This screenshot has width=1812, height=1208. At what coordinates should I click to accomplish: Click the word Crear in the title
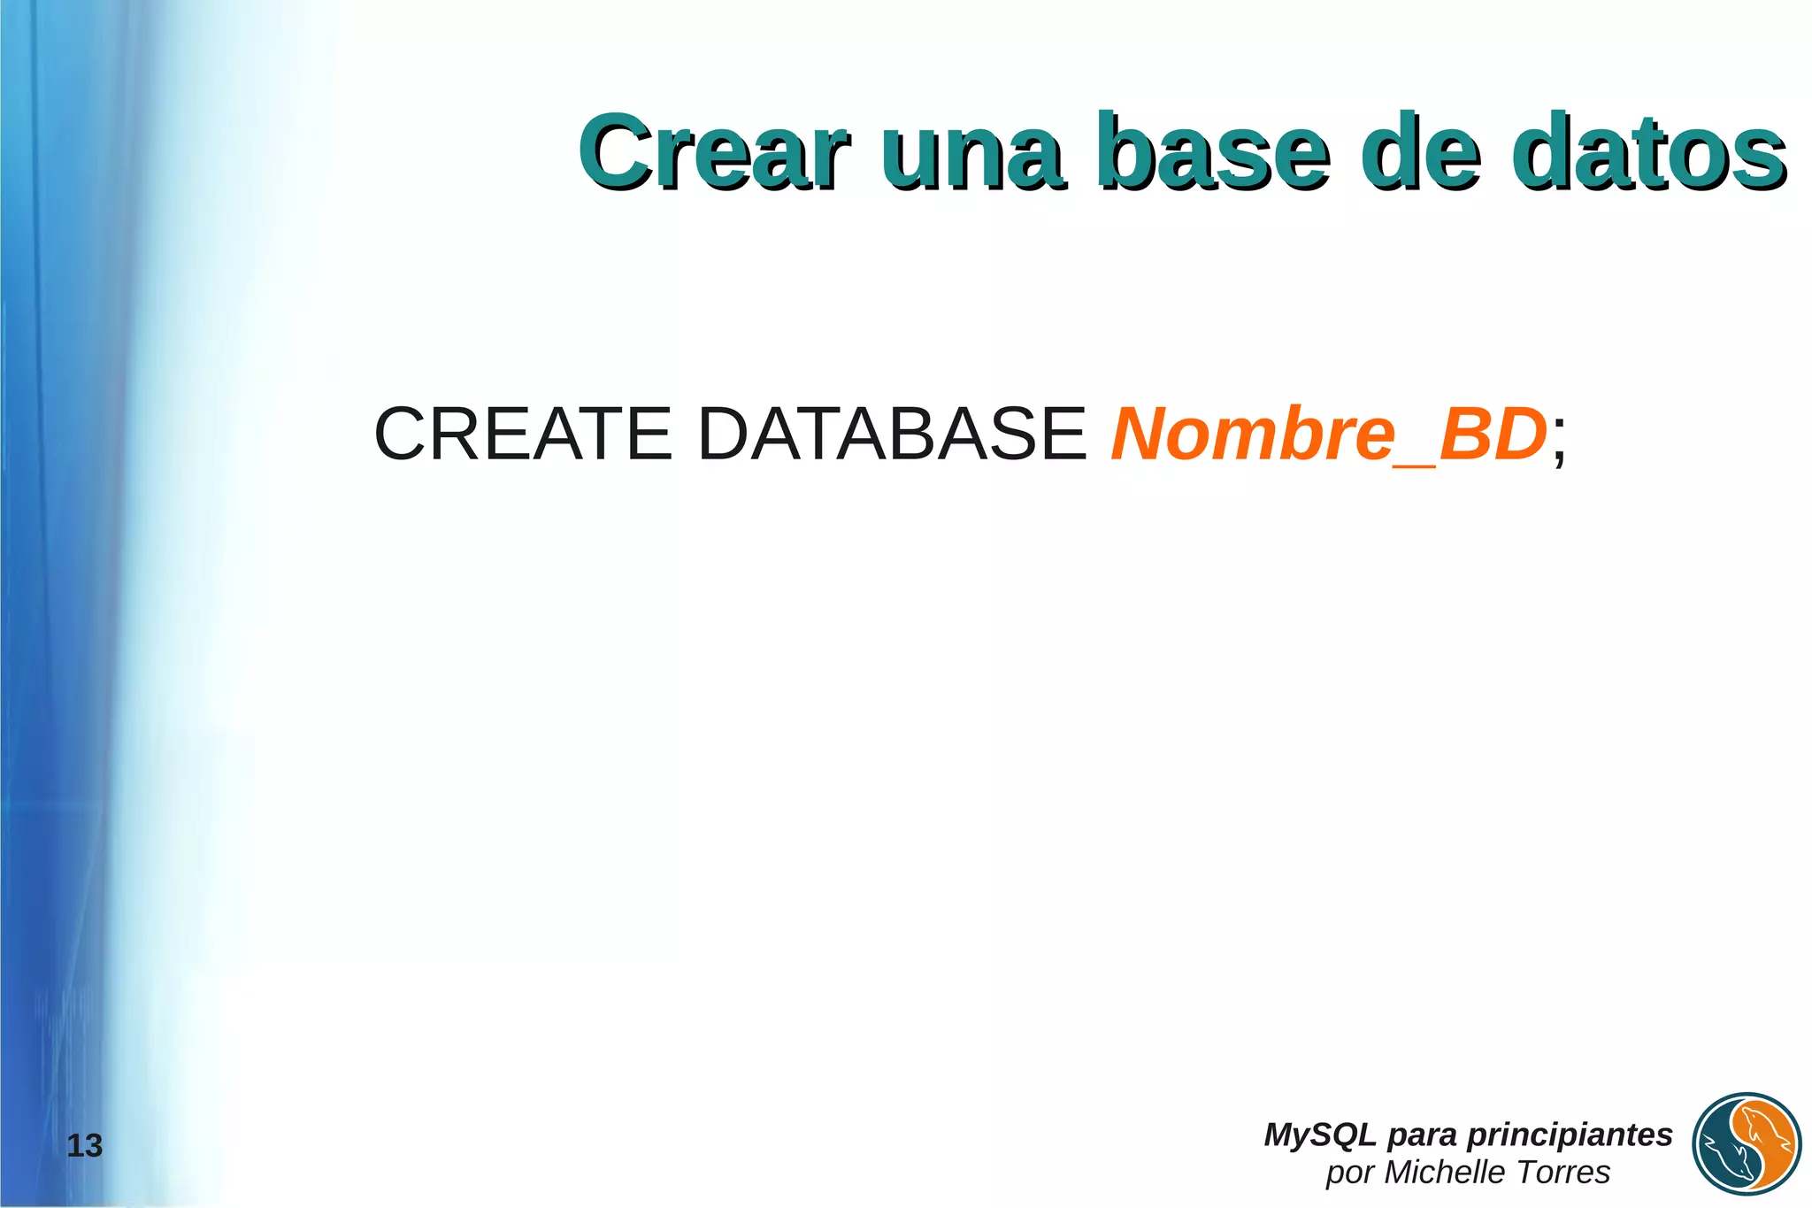[x=715, y=152]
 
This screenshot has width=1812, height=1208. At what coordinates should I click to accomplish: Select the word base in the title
[x=1213, y=152]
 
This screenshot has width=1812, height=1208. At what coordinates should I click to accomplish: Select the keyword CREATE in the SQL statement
[x=523, y=434]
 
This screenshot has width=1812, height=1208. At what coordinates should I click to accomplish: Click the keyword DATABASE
[x=892, y=434]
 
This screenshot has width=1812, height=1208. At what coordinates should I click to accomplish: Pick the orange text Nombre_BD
[x=1328, y=434]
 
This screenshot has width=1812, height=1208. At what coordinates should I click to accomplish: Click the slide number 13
[x=85, y=1146]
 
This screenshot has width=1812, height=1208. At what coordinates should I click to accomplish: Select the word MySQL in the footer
[x=1320, y=1135]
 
